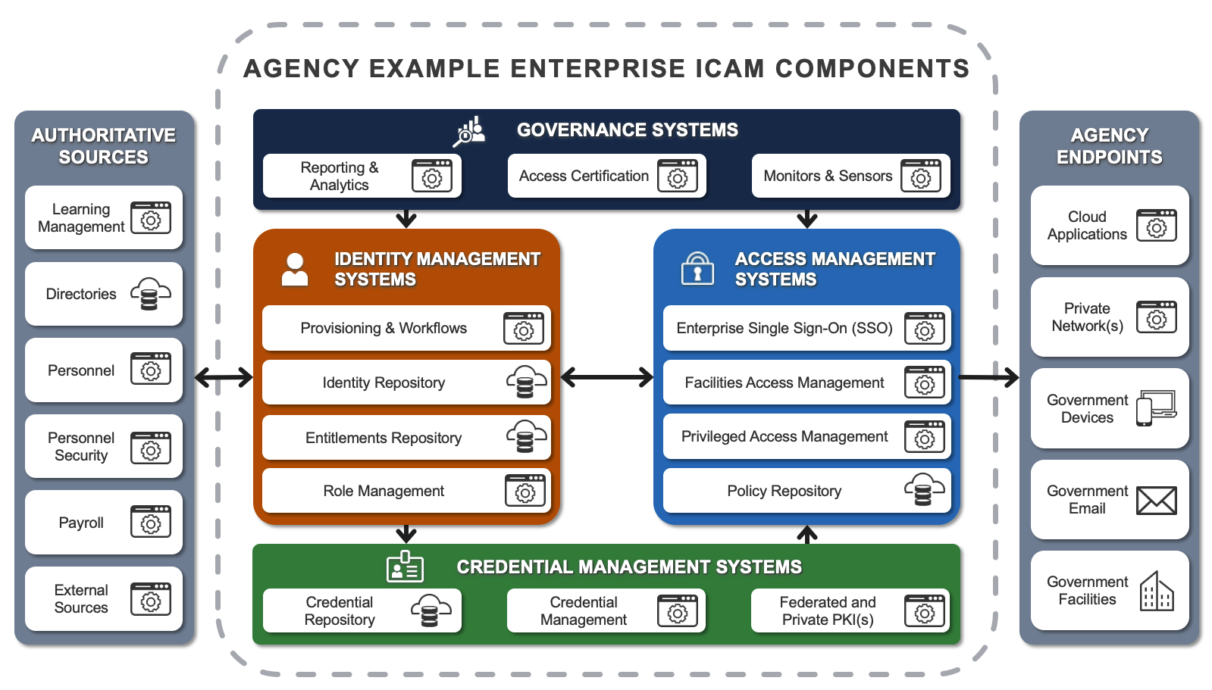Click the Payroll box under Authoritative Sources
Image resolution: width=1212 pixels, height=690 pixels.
pos(104,523)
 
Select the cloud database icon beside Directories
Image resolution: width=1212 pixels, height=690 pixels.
pos(150,294)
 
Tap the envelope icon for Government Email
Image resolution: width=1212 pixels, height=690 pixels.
pos(1156,501)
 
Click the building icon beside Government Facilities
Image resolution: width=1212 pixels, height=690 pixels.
pos(1156,592)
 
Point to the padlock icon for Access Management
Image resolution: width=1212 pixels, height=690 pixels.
pos(697,268)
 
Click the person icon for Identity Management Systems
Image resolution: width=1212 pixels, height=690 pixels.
pos(295,269)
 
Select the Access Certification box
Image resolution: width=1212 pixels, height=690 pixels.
pos(606,176)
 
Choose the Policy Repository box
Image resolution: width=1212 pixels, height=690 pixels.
pos(806,491)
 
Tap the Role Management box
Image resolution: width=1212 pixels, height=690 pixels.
pos(406,491)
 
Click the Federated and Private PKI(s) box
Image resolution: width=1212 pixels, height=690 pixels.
pos(850,610)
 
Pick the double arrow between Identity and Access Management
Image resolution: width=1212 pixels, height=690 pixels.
pos(606,376)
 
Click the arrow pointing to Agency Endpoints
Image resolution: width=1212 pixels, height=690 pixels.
pos(989,376)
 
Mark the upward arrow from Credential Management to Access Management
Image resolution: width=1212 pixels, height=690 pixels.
pos(807,534)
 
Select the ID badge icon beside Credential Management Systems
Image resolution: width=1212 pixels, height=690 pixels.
pos(405,567)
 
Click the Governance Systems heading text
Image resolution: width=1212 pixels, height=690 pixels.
pos(627,130)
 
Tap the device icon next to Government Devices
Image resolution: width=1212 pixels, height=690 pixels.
pos(1156,408)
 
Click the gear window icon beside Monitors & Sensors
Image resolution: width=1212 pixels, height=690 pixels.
pos(920,176)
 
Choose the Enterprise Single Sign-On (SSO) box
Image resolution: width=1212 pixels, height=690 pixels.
pos(806,328)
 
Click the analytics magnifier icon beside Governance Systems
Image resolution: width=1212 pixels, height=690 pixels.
pos(469,132)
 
